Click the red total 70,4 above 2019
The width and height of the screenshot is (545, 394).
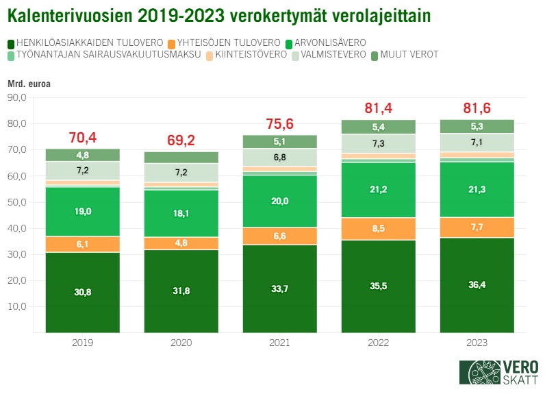click(x=83, y=138)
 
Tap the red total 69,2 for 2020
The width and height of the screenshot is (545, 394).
click(x=181, y=140)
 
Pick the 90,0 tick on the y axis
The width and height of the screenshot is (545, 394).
click(x=16, y=98)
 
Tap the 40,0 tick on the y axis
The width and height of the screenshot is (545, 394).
click(x=16, y=228)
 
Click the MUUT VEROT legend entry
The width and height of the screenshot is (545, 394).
click(x=405, y=55)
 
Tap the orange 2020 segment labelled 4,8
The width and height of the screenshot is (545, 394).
click(x=181, y=243)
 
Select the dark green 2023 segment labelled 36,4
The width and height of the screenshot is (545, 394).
click(x=477, y=284)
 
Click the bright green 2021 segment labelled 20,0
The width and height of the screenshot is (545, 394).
click(x=279, y=201)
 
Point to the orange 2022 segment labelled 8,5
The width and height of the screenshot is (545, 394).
click(x=378, y=228)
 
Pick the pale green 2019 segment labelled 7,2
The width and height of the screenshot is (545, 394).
click(x=83, y=170)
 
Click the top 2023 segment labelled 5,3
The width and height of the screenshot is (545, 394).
click(x=477, y=125)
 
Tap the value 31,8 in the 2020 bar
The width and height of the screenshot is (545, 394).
click(x=181, y=291)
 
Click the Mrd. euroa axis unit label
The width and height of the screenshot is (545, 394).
click(x=29, y=84)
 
